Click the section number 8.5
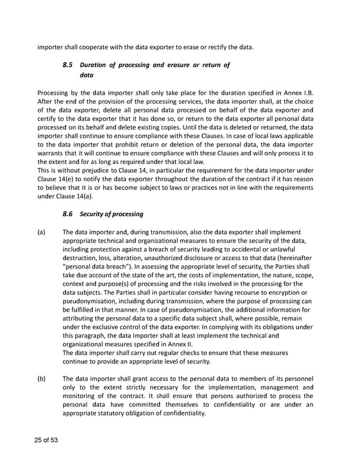point(68,64)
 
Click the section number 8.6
point(68,214)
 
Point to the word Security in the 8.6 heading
point(93,214)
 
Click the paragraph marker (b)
point(41,379)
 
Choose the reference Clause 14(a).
point(77,196)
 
